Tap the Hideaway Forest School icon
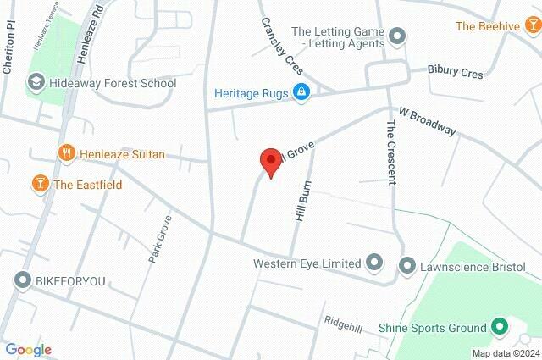[x=36, y=83]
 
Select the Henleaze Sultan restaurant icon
[x=67, y=154]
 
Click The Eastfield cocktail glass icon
[x=39, y=184]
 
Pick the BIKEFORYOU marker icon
[x=21, y=280]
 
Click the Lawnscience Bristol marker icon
[x=406, y=265]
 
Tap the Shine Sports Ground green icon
[x=500, y=327]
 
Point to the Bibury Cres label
[x=455, y=72]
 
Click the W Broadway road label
[x=428, y=120]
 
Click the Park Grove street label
[x=160, y=238]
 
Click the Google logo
[x=28, y=350]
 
